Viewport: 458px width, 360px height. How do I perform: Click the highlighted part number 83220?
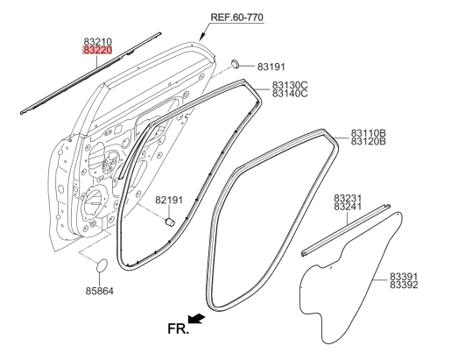[97, 50]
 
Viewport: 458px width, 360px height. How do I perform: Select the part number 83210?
[98, 42]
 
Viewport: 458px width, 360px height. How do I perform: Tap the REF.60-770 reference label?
[237, 17]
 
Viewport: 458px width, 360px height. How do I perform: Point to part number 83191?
[271, 67]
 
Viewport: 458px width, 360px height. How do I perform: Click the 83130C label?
[290, 85]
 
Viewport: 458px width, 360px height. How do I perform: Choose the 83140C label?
[290, 94]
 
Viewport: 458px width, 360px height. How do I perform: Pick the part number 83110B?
[369, 133]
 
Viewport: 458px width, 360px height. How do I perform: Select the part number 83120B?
[369, 141]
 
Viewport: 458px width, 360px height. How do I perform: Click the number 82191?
[169, 201]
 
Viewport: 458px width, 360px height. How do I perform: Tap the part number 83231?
[348, 198]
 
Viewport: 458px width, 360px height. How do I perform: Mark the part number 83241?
[348, 207]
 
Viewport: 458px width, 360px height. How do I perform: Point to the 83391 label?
[404, 277]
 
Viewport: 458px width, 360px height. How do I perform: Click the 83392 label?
[404, 285]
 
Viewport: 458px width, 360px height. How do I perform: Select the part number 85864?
[100, 291]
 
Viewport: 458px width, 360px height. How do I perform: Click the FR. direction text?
[178, 328]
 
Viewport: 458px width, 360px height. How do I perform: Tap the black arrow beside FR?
[196, 319]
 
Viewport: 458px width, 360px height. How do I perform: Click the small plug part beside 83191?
[235, 64]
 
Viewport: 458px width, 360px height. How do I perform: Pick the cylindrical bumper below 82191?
[170, 222]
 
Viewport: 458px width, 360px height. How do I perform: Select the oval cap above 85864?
[102, 265]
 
